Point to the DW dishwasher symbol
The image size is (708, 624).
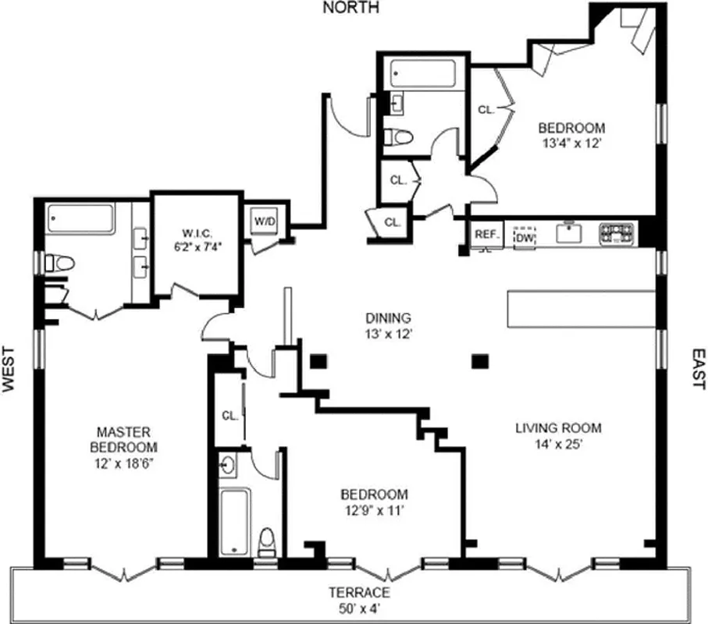click(523, 235)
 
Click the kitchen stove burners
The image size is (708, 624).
click(617, 233)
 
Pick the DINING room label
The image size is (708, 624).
click(388, 318)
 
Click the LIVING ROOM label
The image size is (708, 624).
click(557, 427)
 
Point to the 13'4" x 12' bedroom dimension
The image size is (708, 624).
click(572, 144)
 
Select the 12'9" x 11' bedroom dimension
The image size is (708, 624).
click(374, 511)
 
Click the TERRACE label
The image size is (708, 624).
click(358, 592)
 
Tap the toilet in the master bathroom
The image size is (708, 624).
click(60, 263)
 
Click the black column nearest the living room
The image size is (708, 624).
click(481, 360)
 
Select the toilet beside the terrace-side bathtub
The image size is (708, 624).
click(267, 541)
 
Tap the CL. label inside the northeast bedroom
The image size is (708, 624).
click(486, 110)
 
